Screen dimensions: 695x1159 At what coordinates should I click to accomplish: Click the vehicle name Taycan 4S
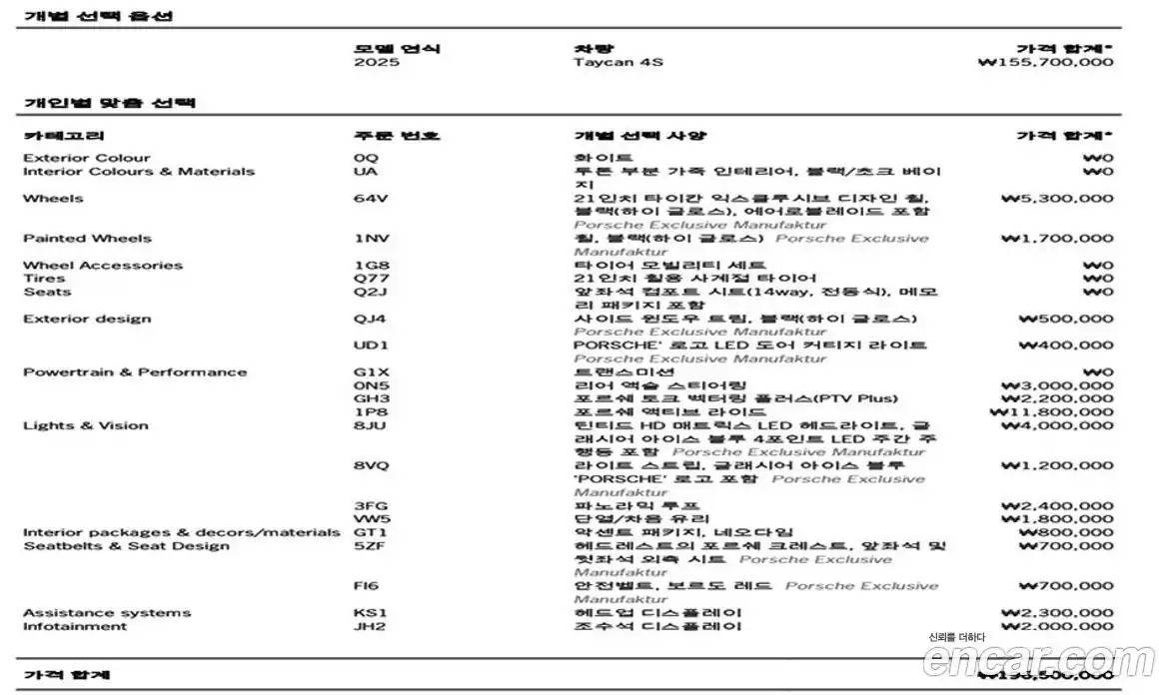click(617, 63)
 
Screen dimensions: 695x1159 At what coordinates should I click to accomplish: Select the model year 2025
click(376, 63)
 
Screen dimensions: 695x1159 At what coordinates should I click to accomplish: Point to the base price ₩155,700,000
click(1045, 63)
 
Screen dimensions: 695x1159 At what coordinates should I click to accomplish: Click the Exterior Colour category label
click(87, 158)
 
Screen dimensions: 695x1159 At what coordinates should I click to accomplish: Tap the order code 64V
click(370, 199)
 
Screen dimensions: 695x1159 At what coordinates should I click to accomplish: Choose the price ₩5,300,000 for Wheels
click(1056, 199)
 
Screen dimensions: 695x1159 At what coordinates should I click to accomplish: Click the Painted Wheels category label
click(88, 239)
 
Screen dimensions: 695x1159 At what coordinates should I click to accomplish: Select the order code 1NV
click(370, 239)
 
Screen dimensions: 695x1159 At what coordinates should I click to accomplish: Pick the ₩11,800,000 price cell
click(1051, 412)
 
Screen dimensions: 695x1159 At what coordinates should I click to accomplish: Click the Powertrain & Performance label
click(135, 372)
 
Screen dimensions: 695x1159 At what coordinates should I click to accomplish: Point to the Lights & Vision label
click(86, 426)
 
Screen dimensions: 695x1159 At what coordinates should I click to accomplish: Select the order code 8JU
click(370, 426)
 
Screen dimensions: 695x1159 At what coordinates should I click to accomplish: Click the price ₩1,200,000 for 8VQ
click(1056, 466)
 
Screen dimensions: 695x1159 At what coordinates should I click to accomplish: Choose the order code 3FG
click(370, 506)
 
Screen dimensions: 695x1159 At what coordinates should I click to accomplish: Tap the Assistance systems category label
click(107, 613)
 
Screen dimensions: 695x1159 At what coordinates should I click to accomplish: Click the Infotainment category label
click(75, 627)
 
